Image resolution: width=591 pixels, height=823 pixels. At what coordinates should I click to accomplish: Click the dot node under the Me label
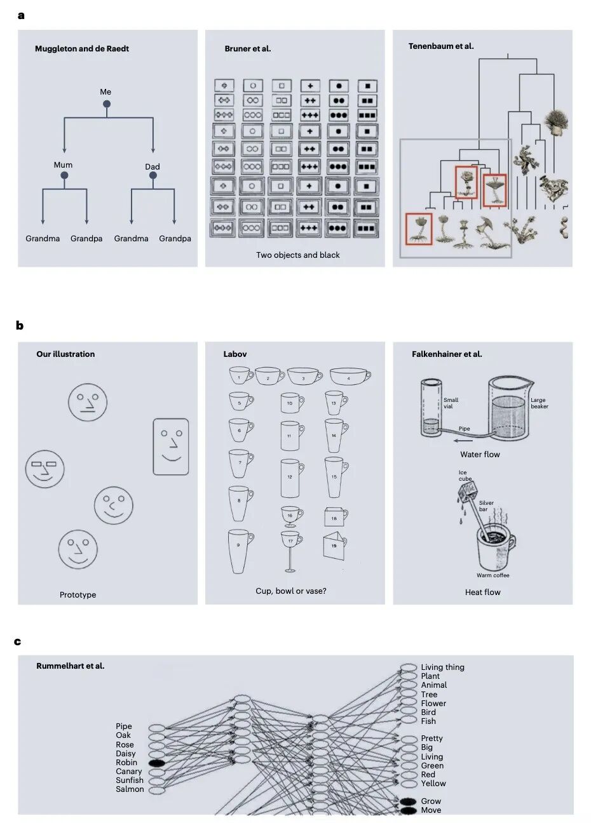click(x=107, y=104)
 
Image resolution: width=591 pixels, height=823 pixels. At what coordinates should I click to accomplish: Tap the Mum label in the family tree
click(x=63, y=165)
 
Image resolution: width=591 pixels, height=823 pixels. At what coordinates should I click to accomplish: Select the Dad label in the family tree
click(x=153, y=167)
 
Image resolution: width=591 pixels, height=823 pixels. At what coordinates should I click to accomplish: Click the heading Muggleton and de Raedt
click(x=82, y=49)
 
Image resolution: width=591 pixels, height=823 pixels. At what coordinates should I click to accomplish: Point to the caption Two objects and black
click(x=297, y=255)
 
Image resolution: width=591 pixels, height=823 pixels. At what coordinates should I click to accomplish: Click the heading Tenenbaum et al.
click(x=441, y=46)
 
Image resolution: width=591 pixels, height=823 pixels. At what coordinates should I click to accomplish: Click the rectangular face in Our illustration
click(x=171, y=446)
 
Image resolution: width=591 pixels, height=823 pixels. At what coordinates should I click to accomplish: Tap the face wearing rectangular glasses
click(x=45, y=469)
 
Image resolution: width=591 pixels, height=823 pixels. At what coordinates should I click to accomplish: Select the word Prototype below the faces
click(x=78, y=595)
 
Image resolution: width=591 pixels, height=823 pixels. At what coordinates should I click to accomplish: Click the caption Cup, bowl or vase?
click(x=291, y=591)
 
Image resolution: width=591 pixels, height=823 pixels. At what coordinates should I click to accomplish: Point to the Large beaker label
click(x=539, y=403)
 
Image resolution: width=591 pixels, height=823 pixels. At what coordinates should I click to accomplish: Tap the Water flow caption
click(x=480, y=455)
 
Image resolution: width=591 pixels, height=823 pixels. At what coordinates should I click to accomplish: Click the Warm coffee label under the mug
click(x=492, y=575)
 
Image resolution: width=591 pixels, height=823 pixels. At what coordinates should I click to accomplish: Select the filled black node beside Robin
click(x=157, y=763)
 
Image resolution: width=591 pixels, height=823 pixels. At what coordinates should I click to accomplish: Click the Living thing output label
click(x=442, y=667)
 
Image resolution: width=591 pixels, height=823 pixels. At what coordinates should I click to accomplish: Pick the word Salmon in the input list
click(x=130, y=789)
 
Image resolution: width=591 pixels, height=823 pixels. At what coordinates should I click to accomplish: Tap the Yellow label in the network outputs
click(x=433, y=784)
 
